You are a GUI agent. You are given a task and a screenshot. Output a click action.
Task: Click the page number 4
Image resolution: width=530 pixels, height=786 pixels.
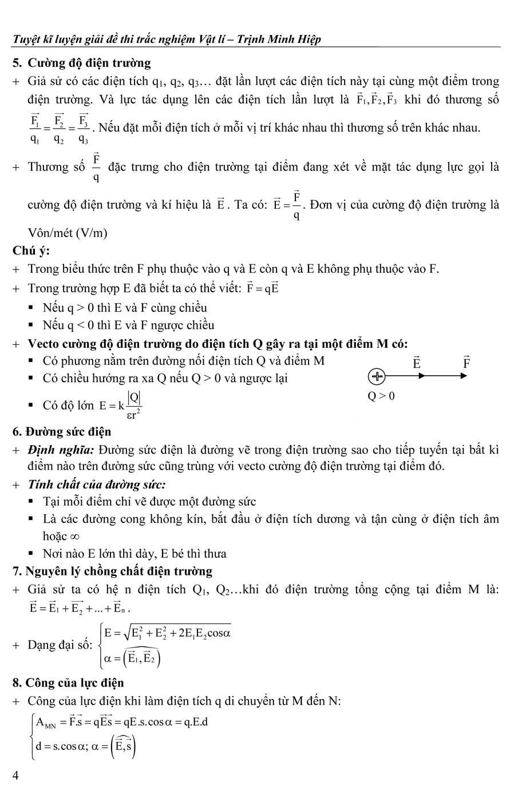(15, 775)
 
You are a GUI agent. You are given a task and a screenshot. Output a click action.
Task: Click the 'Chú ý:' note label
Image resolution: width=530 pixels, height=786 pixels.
(31, 251)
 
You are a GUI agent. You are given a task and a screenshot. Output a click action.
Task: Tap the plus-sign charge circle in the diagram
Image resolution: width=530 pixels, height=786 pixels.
(377, 376)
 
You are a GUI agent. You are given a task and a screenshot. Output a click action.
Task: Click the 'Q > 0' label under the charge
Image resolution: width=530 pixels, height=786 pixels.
(381, 396)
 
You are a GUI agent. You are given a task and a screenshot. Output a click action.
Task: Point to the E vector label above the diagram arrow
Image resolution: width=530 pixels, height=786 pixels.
(416, 362)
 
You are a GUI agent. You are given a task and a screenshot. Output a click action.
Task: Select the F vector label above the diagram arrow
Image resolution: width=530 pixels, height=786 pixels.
(466, 362)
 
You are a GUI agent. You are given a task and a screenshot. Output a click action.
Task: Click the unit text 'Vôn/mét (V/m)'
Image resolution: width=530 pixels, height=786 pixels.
(68, 233)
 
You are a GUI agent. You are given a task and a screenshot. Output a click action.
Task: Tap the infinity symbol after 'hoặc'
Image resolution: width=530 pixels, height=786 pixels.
(74, 537)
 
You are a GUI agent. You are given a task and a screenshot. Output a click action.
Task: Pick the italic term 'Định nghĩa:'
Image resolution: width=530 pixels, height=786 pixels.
(61, 450)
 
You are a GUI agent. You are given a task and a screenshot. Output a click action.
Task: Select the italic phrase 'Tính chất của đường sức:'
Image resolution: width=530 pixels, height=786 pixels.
(97, 485)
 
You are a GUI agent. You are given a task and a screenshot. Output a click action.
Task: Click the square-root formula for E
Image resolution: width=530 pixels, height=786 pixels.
(167, 633)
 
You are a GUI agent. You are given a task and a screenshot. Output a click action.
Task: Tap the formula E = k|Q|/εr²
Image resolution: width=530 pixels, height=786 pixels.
(120, 406)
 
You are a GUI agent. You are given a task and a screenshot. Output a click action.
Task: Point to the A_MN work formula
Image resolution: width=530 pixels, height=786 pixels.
(122, 722)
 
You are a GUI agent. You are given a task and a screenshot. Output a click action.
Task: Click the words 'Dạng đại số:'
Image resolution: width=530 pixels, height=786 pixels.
(60, 645)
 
